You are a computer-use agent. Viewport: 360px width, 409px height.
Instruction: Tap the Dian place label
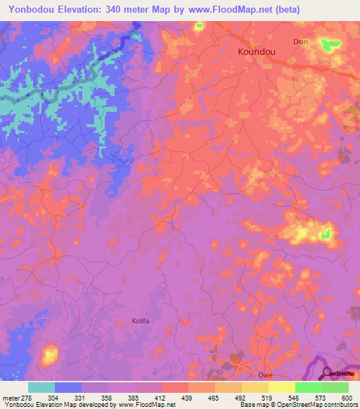coord(301,41)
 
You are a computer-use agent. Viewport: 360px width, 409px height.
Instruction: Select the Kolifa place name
coord(141,320)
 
